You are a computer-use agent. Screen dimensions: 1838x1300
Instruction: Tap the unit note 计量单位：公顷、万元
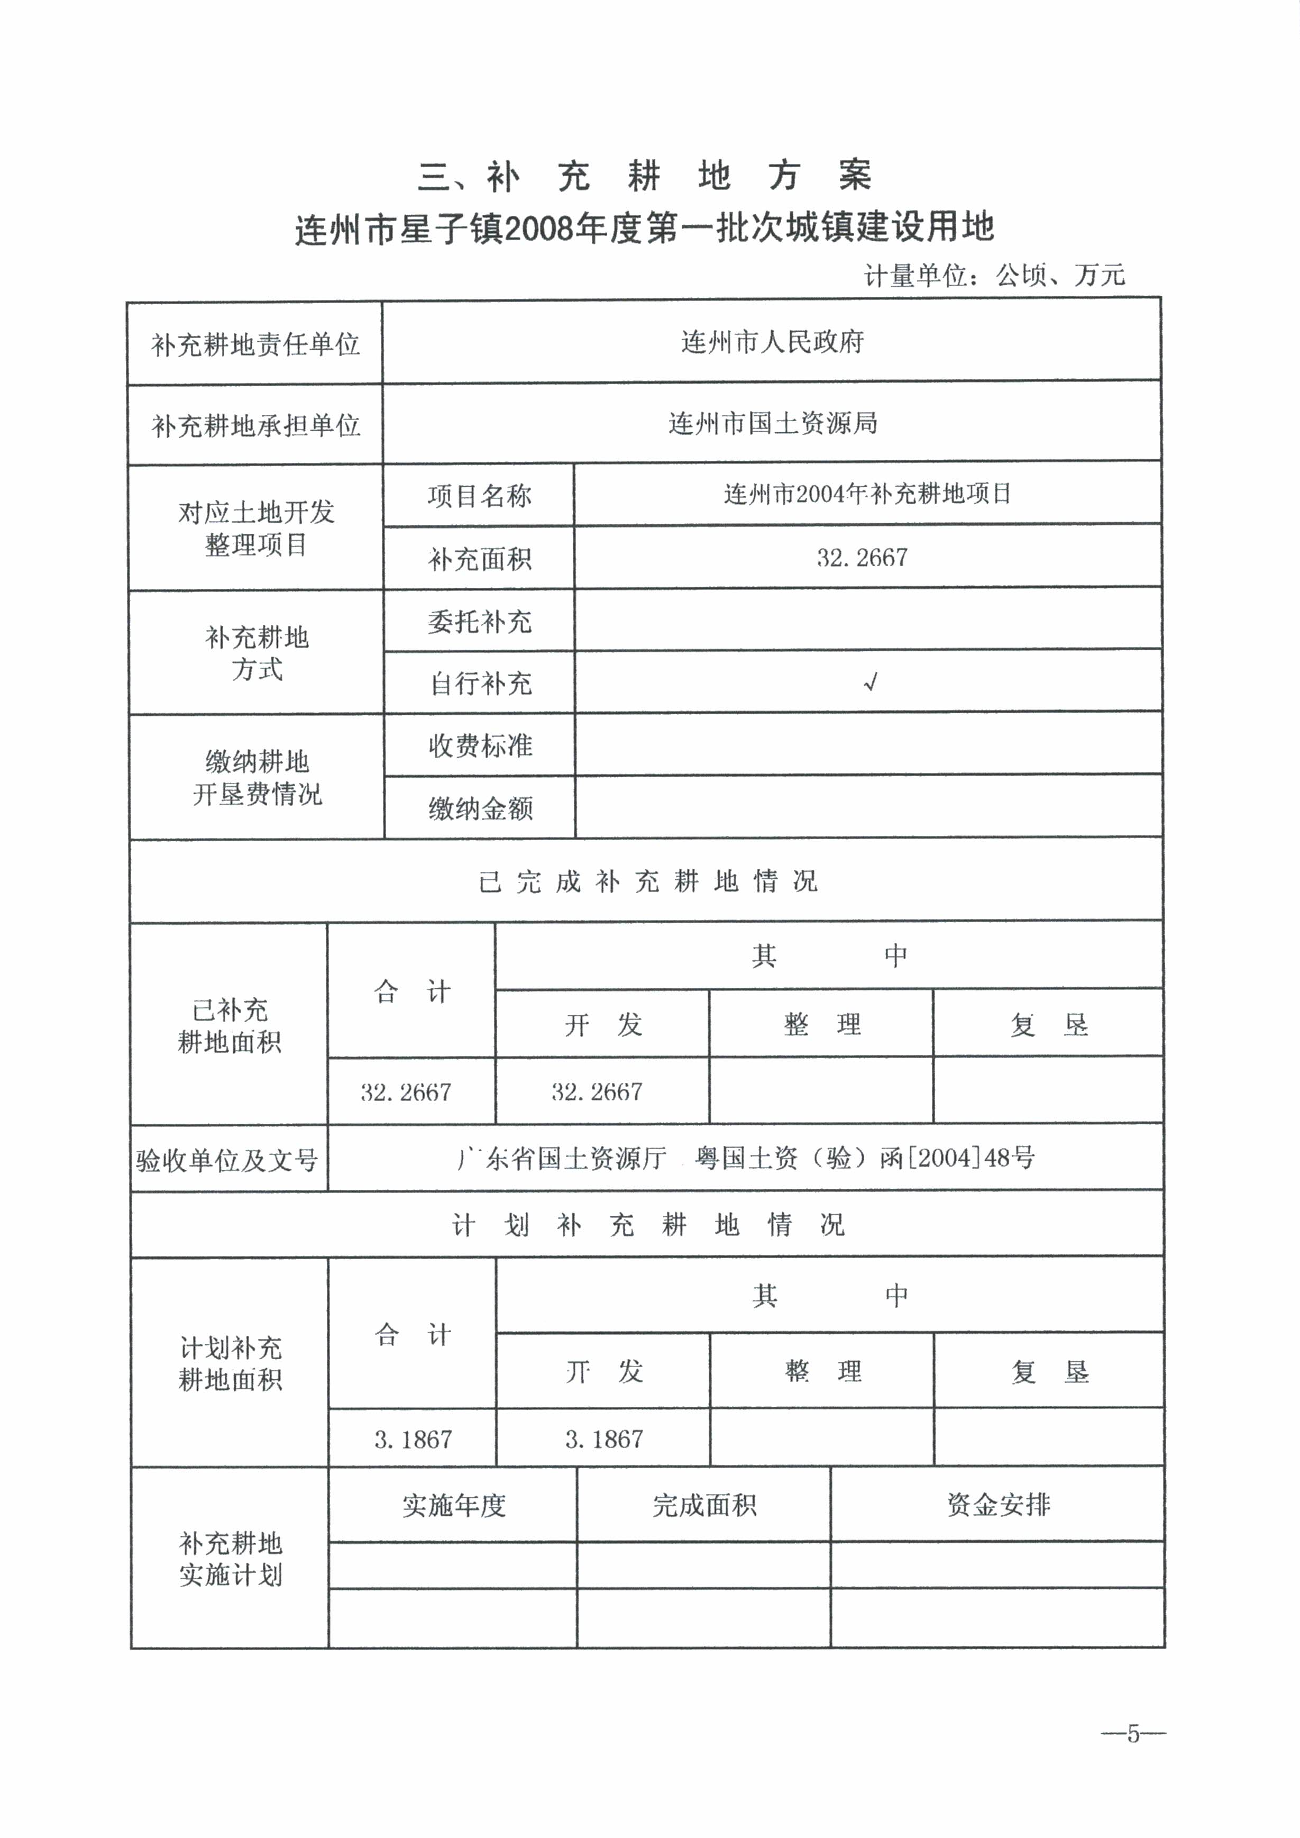tap(994, 276)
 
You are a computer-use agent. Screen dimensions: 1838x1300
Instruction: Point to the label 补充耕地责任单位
tap(255, 344)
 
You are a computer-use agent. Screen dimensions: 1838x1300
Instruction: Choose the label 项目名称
tap(479, 496)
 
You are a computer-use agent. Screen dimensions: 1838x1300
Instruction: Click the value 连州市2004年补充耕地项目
tap(867, 493)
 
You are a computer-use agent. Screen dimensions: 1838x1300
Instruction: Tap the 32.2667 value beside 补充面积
tap(862, 558)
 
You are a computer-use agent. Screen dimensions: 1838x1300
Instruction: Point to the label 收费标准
tap(480, 745)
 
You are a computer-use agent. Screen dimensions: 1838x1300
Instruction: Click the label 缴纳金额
tap(480, 808)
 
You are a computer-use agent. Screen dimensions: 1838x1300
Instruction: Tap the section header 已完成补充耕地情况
tap(647, 882)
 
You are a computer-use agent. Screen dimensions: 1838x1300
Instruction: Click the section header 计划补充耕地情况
tap(647, 1224)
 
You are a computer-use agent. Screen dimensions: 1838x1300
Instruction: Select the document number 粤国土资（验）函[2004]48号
tap(865, 1157)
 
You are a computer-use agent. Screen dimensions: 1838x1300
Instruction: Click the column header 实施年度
tap(453, 1506)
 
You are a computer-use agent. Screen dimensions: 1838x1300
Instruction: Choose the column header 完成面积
tap(703, 1506)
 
